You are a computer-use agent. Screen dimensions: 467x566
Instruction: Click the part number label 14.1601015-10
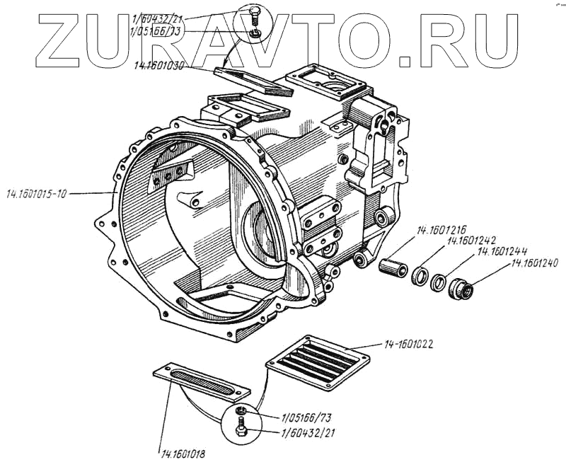point(36,192)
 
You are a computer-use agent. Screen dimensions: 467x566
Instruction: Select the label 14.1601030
point(162,66)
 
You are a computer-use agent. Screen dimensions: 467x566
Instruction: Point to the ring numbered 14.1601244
point(439,282)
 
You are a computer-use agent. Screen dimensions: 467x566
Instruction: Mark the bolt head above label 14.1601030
point(255,12)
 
